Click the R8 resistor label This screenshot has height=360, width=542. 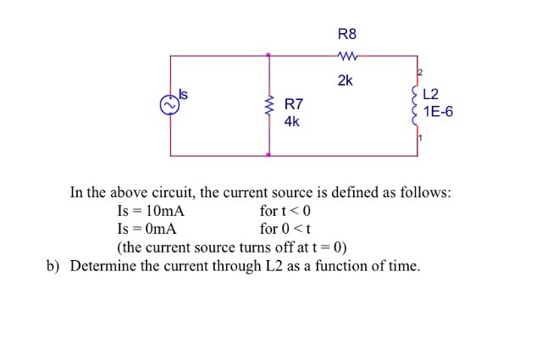click(347, 35)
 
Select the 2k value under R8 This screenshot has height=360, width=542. click(345, 82)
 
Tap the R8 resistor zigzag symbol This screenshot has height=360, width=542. click(347, 57)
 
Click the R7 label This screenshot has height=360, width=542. click(294, 105)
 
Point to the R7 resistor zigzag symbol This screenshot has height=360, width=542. click(269, 107)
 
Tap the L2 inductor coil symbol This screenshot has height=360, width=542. click(417, 105)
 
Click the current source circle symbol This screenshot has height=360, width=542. click(169, 104)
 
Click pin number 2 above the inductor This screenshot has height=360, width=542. click(418, 71)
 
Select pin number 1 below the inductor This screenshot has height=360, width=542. click(418, 138)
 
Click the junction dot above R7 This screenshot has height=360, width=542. click(269, 56)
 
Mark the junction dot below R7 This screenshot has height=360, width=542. click(269, 156)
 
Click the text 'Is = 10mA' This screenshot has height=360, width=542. click(150, 211)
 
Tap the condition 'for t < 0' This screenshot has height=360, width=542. click(285, 211)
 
